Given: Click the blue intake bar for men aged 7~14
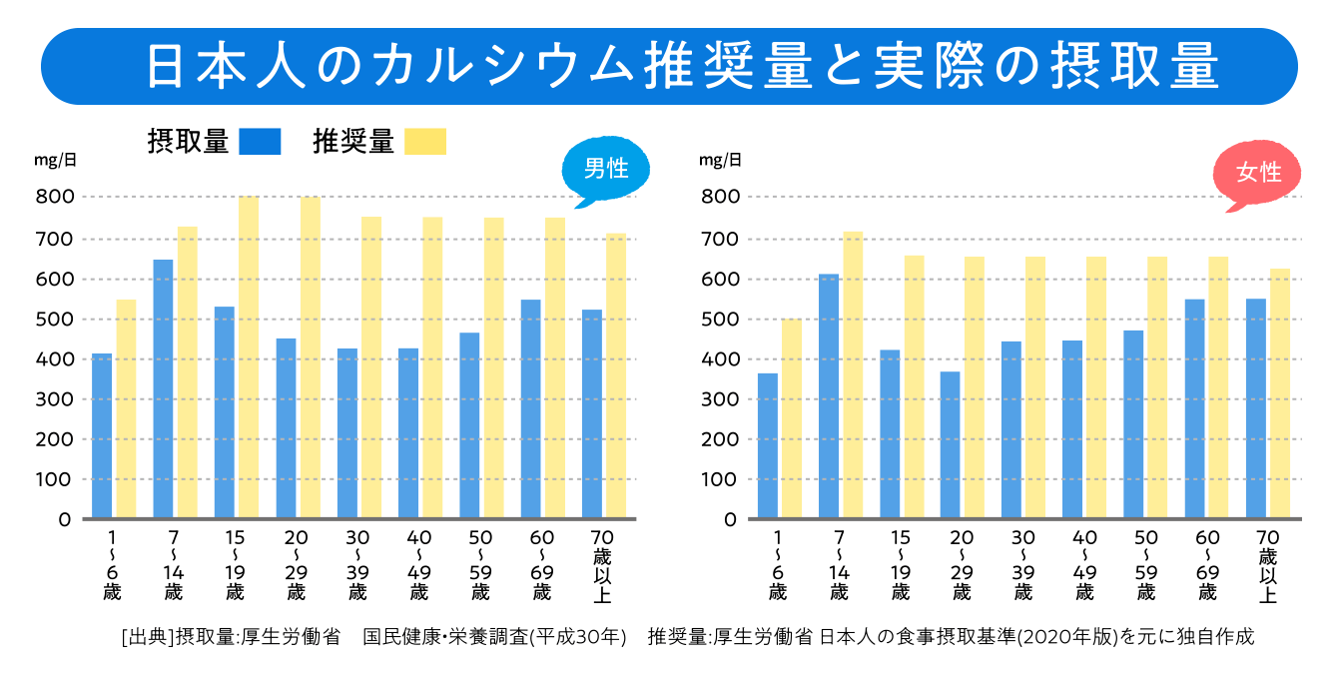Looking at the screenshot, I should [x=163, y=389].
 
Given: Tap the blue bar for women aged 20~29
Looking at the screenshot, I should [x=950, y=445].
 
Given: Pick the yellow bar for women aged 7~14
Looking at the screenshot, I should [x=852, y=375].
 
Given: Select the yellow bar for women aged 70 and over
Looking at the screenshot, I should [x=1280, y=394].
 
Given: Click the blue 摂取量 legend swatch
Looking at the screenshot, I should [x=261, y=142].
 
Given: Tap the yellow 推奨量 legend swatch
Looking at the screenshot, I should [x=426, y=142].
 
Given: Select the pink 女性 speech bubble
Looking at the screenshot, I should [x=1257, y=173].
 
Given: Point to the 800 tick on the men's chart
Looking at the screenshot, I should [x=56, y=197].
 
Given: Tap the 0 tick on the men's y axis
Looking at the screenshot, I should [x=64, y=519].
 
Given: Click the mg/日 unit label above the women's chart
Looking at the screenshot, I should [x=720, y=160].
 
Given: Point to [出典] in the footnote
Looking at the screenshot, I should [x=146, y=636].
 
